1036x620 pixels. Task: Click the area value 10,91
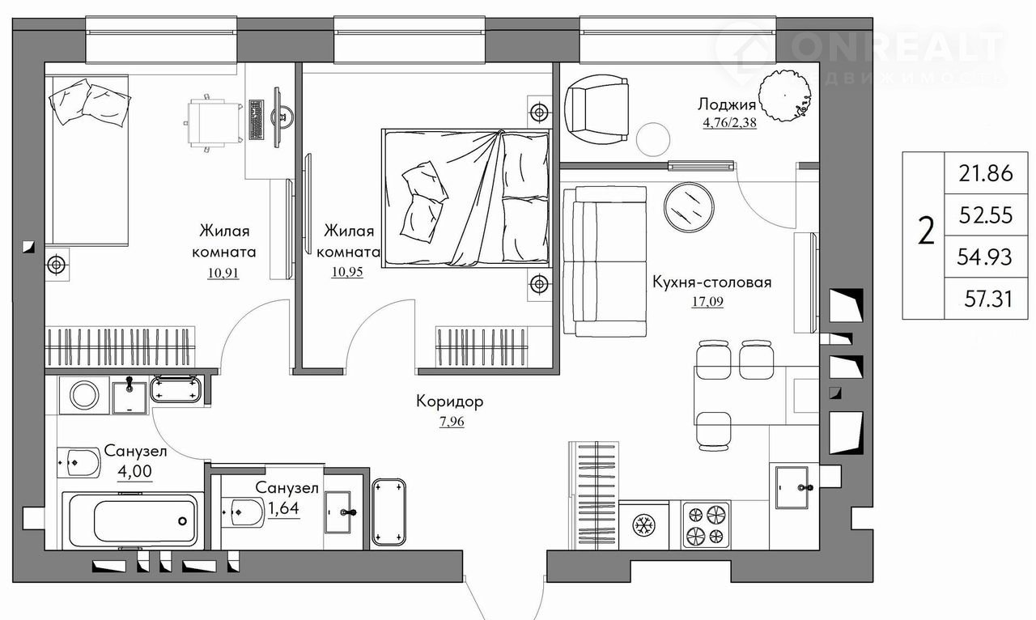point(223,273)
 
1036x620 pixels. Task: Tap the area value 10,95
point(347,272)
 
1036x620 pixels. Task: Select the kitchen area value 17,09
point(707,302)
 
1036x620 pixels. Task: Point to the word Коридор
point(449,401)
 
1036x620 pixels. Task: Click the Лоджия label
point(727,105)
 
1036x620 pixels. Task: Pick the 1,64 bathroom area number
point(283,508)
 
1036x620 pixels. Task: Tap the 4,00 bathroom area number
point(134,472)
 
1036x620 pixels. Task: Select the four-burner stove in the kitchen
point(705,525)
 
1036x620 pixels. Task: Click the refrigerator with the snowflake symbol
point(643,526)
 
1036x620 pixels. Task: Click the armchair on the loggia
point(597,109)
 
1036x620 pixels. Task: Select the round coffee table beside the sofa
point(688,205)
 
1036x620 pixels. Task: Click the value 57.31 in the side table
point(988,299)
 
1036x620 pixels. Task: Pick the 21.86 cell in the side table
point(986,173)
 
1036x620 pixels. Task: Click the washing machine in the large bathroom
point(84,396)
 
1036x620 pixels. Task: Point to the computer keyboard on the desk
point(256,119)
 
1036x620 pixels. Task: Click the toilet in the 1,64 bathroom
point(244,512)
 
